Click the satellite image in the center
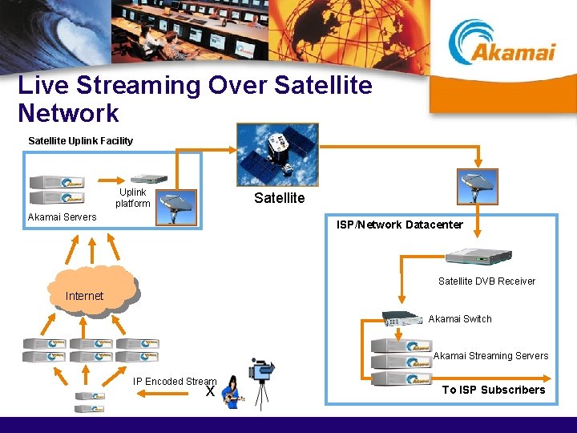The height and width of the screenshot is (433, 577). (x=277, y=155)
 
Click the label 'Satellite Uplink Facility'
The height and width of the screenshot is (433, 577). (x=81, y=141)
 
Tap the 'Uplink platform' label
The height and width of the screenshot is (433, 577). (x=133, y=197)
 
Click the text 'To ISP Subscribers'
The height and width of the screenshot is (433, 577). (x=494, y=390)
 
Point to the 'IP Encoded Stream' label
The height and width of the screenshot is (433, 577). (x=175, y=382)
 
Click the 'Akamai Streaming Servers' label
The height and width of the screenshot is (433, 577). (x=490, y=356)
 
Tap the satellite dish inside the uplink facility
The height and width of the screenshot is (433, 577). (x=176, y=204)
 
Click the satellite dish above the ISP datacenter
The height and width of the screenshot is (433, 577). (x=477, y=186)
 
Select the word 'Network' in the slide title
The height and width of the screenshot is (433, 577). (x=68, y=113)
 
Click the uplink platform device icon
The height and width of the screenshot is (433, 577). (x=150, y=180)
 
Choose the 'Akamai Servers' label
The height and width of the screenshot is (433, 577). (x=62, y=217)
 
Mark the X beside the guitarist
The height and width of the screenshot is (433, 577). (x=210, y=391)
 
